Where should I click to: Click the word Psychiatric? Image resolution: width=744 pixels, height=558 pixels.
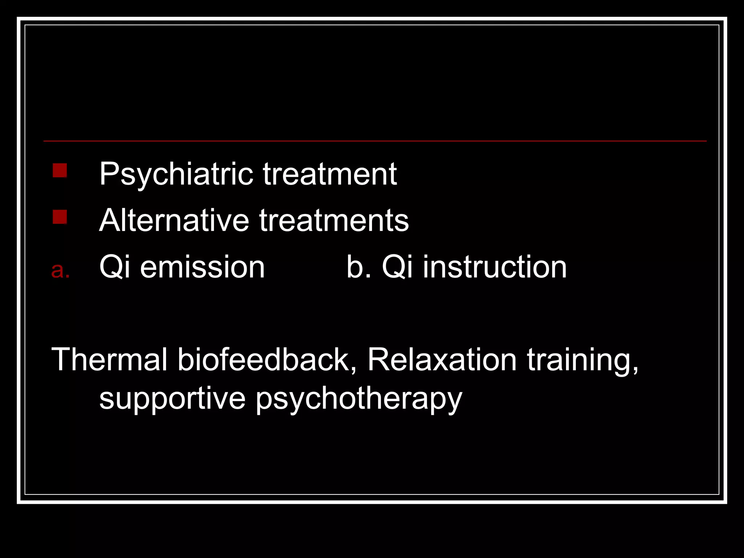pos(176,174)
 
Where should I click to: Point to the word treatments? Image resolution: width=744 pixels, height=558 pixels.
pos(334,221)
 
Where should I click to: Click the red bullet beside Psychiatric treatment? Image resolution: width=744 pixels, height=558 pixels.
pos(60,170)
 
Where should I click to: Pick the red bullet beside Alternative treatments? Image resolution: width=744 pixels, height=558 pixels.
pos(60,217)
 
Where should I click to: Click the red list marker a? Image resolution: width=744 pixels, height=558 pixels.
pos(60,271)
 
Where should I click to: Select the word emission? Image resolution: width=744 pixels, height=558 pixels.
pos(202,267)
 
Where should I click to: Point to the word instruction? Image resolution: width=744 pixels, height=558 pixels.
pos(494,267)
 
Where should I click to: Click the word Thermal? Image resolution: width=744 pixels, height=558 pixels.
pos(109,360)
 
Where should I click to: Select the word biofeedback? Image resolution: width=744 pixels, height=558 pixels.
pos(263,360)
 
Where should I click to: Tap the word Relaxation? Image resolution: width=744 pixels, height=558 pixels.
pos(442,360)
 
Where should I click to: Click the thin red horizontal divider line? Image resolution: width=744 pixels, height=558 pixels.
pos(374,141)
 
